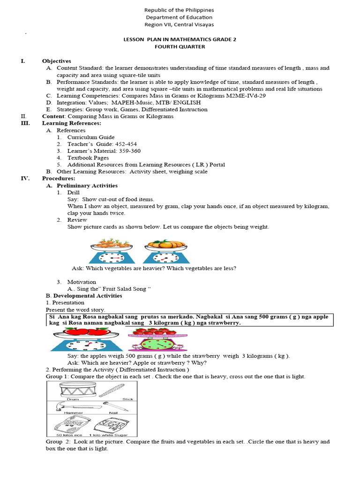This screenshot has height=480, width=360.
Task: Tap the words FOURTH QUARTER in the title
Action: (x=180, y=47)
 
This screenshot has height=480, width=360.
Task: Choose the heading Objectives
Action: (x=56, y=61)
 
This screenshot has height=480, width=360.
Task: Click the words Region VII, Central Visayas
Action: (x=180, y=24)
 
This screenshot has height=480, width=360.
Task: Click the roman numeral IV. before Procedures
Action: (x=25, y=179)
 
